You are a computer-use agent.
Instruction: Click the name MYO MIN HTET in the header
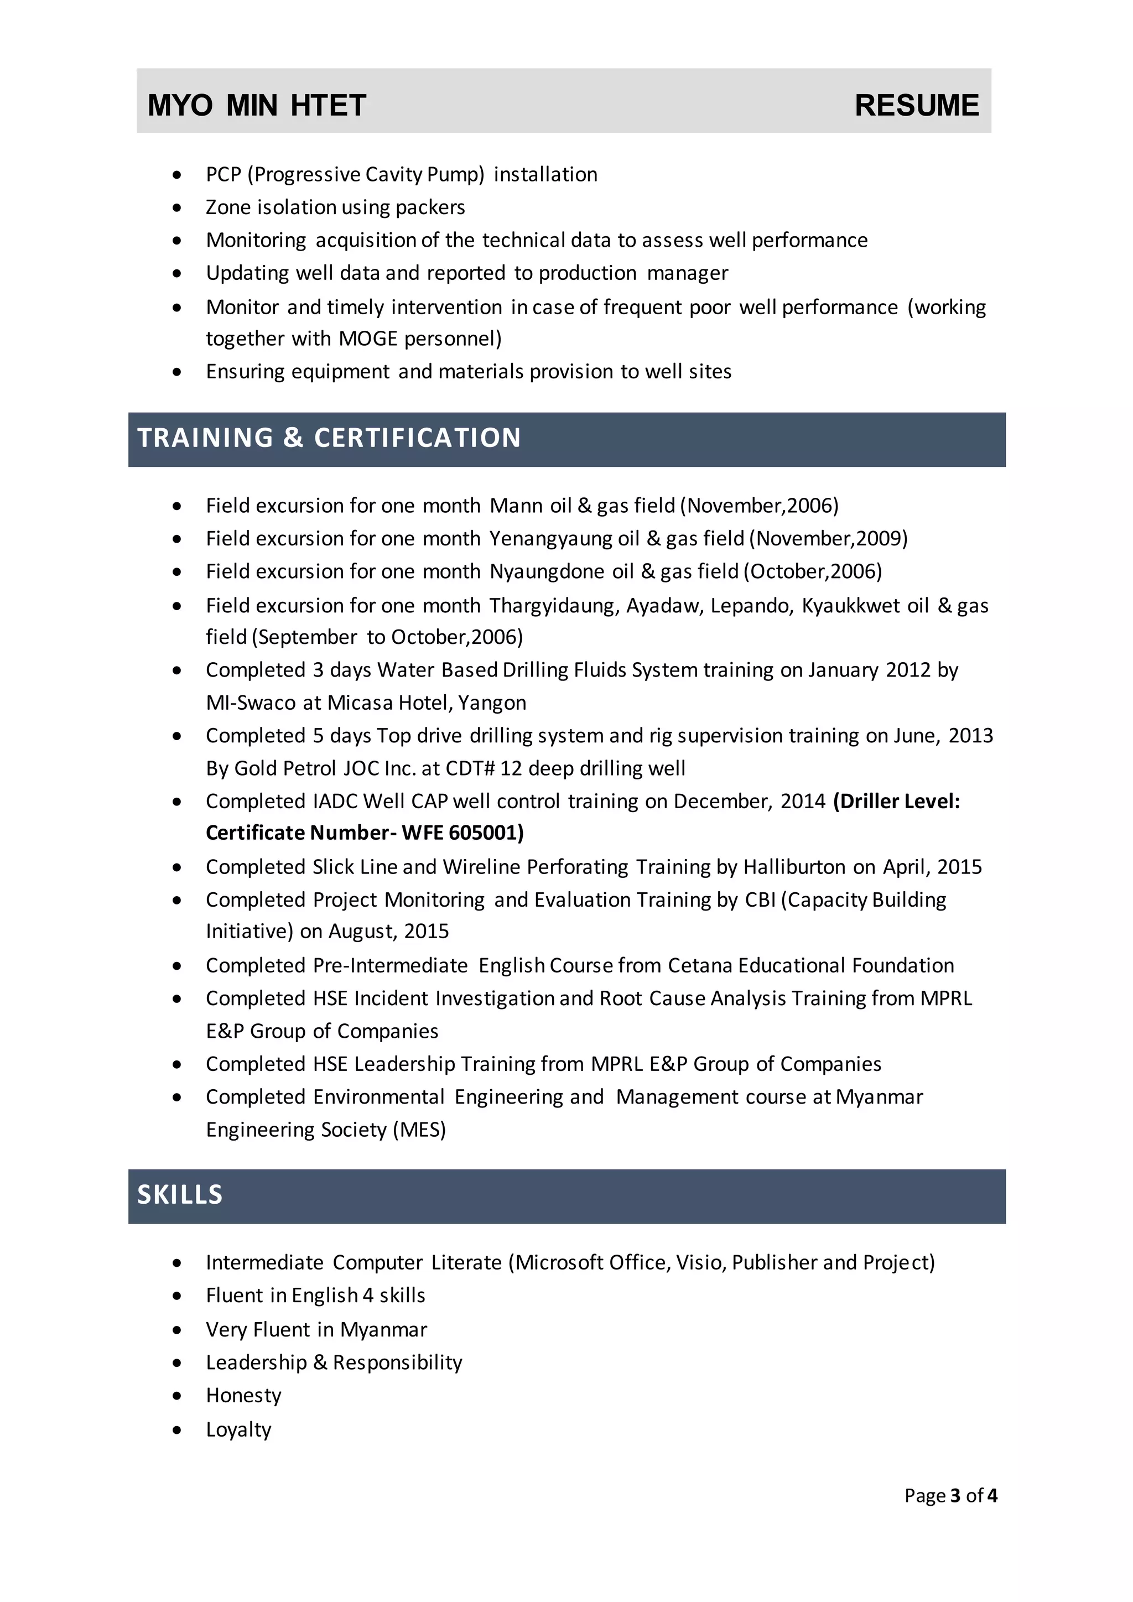tap(257, 105)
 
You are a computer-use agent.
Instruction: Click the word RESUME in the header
tap(916, 105)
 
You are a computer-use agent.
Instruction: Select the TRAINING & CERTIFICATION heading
tap(329, 438)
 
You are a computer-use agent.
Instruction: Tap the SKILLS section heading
tap(180, 1194)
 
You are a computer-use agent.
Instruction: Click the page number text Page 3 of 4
tap(950, 1495)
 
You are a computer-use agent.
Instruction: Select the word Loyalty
tap(238, 1429)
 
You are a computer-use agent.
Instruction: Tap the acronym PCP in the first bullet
tap(224, 174)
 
